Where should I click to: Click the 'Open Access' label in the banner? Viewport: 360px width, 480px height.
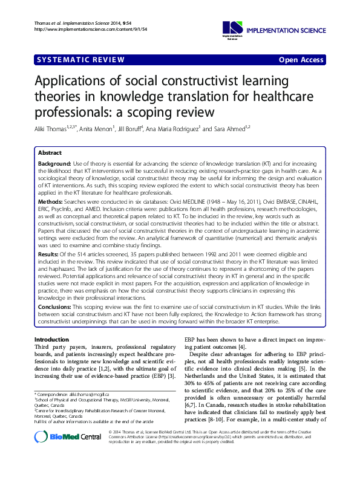(301, 59)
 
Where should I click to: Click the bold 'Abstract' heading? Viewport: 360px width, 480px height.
(51, 154)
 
